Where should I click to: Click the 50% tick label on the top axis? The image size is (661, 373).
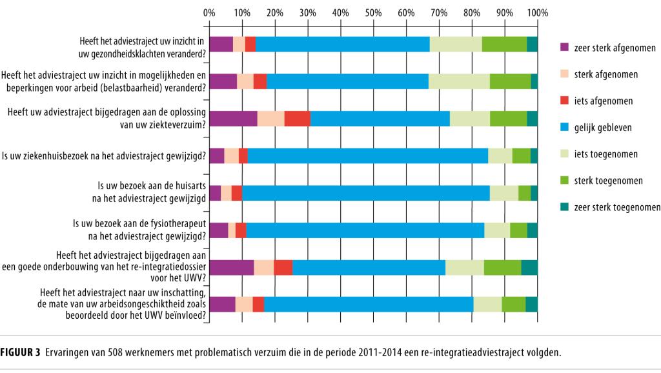pos(373,12)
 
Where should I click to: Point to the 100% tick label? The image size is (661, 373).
pos(536,12)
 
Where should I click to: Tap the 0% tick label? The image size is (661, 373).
pos(209,12)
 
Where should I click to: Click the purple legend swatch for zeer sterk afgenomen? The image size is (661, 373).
pos(564,47)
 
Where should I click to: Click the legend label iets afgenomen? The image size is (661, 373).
pos(603,101)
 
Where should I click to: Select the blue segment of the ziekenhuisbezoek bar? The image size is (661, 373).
pos(367,156)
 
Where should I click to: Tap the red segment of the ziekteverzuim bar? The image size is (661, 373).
pos(297,119)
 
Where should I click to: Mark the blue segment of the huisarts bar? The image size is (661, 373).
pos(365,192)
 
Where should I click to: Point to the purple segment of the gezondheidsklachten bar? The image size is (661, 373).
pos(221,44)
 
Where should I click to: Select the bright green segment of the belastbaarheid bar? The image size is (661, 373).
pos(510,81)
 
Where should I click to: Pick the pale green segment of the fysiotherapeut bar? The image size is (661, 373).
pos(497,230)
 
